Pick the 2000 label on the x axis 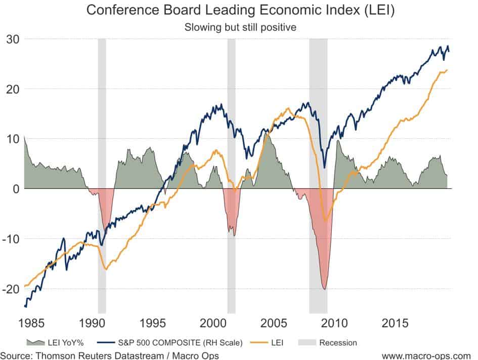click(x=213, y=323)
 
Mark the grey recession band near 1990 click(x=102, y=152)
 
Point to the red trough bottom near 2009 click(x=324, y=288)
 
